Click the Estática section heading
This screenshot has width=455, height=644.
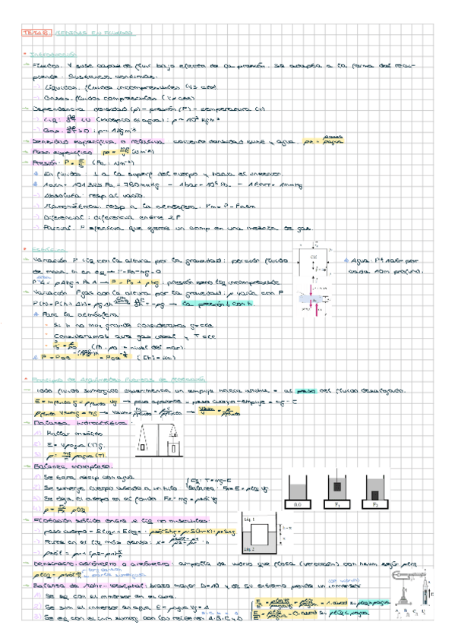(42, 248)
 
